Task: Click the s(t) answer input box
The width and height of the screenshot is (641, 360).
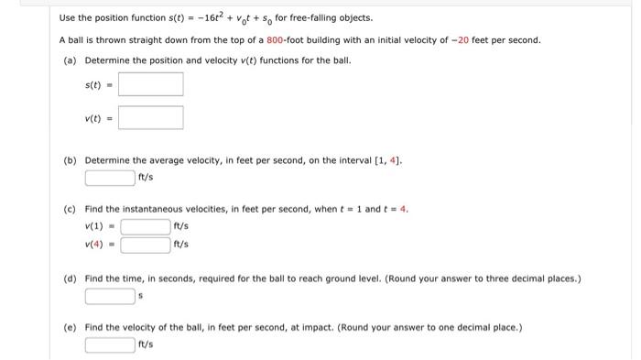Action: click(x=150, y=84)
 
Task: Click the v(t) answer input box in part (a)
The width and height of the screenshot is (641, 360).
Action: click(x=150, y=118)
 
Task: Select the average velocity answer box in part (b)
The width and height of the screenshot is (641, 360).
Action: click(x=110, y=177)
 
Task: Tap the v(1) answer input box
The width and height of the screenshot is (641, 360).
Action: click(x=146, y=226)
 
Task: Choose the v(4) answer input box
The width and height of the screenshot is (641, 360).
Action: click(x=146, y=245)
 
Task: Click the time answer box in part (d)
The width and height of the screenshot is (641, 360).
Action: click(x=110, y=296)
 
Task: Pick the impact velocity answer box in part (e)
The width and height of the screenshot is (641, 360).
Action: click(x=110, y=344)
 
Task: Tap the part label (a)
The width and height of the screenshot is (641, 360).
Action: click(x=70, y=60)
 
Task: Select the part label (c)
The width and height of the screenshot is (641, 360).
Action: click(x=70, y=209)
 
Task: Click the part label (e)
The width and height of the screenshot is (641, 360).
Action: click(x=70, y=327)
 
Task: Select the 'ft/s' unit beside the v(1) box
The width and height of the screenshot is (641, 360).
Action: click(x=180, y=226)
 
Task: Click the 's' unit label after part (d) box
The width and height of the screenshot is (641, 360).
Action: click(x=141, y=296)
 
